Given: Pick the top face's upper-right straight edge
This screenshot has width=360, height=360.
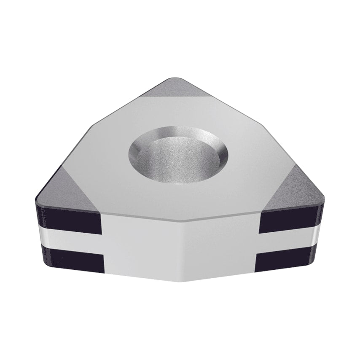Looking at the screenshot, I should [x=236, y=101].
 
